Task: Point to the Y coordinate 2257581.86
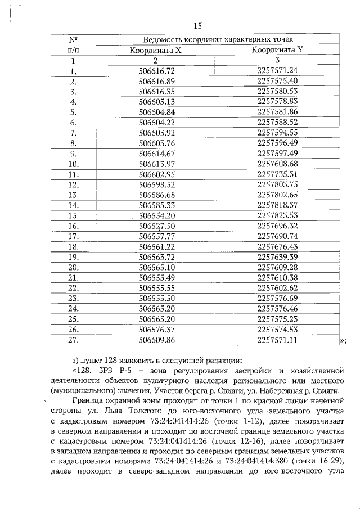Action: coord(277,111)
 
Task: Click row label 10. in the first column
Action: coord(73,164)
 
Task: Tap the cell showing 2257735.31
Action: coord(277,174)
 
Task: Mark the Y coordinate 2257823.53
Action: coord(277,215)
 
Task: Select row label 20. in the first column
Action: coord(73,267)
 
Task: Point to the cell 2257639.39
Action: coord(277,256)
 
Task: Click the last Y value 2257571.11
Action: coord(277,340)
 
